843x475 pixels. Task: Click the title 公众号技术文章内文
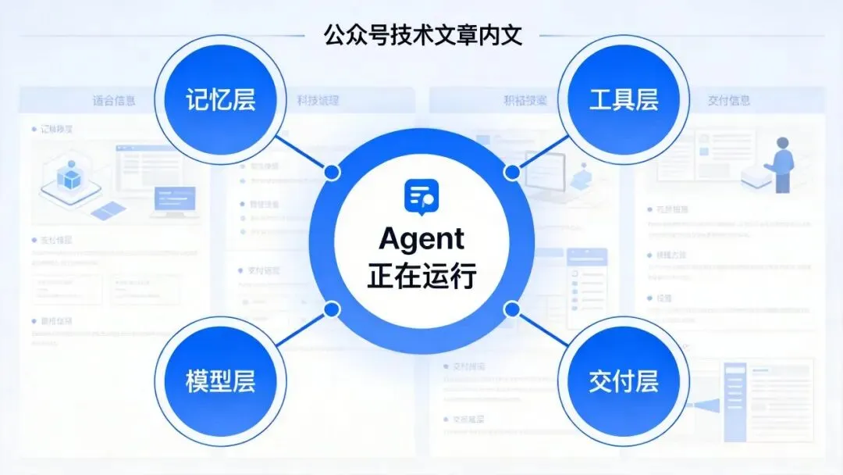coord(421,35)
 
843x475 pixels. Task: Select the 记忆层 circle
coord(221,100)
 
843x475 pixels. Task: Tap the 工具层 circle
coord(623,100)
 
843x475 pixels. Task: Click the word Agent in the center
coord(421,239)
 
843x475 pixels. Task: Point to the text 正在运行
coord(421,275)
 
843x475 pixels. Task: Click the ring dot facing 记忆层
coord(333,171)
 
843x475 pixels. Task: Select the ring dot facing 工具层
coord(512,171)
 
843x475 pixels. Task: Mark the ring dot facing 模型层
coord(332,309)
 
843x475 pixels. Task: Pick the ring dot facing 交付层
coord(512,309)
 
